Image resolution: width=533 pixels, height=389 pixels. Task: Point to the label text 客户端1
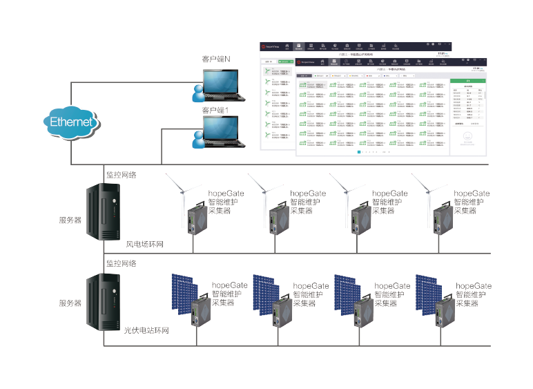point(215,111)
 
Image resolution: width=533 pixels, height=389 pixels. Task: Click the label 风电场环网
point(145,245)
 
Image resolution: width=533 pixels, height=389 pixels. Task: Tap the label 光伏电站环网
point(146,331)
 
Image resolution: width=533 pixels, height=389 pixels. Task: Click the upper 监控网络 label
point(121,175)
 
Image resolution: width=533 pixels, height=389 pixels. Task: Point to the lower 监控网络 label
point(121,263)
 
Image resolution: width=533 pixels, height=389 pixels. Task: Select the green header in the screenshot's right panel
point(467,81)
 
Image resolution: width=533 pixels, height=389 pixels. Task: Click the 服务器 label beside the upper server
point(70,220)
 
